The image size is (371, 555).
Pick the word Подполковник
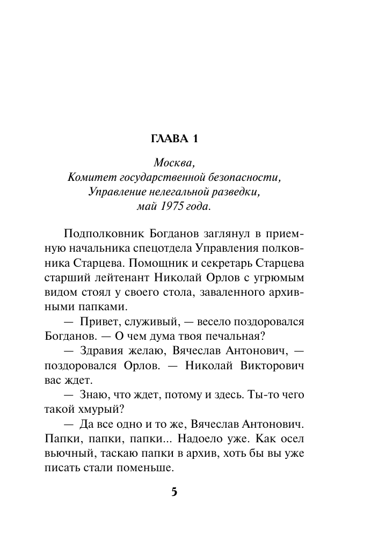(99, 233)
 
